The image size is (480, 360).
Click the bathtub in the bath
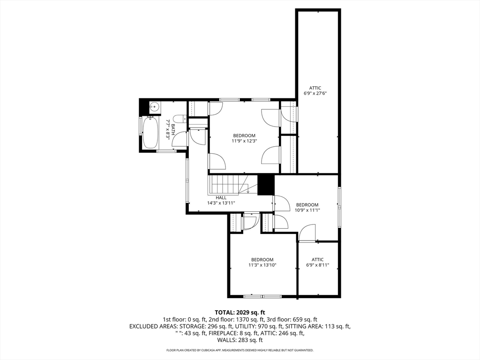pyautogui.click(x=150, y=133)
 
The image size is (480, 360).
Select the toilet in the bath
pyautogui.click(x=180, y=119)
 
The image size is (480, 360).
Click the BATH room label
pyautogui.click(x=173, y=129)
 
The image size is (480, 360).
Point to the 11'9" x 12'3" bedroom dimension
pyautogui.click(x=244, y=141)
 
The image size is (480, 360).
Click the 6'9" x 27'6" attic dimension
pyautogui.click(x=315, y=94)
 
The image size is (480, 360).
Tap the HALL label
pyautogui.click(x=221, y=198)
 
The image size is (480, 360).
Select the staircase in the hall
pyautogui.click(x=228, y=185)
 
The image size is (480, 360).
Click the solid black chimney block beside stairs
pyautogui.click(x=266, y=185)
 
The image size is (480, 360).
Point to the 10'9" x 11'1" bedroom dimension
pyautogui.click(x=307, y=210)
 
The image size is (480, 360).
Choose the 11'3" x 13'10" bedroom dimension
pyautogui.click(x=262, y=265)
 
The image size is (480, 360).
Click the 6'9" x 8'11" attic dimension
pyautogui.click(x=317, y=265)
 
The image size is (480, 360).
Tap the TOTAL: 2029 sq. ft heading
pyautogui.click(x=240, y=313)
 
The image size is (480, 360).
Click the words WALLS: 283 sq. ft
pyautogui.click(x=240, y=340)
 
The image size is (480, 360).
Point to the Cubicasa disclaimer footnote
pyautogui.click(x=240, y=350)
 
